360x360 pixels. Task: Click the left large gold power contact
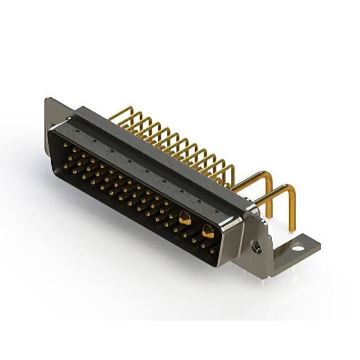coord(185,218)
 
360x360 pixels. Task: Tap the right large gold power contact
coord(208,230)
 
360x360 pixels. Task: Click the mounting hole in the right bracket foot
coord(296,246)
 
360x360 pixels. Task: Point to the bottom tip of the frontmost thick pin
coord(292,229)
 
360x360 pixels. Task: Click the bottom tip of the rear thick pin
coord(271,215)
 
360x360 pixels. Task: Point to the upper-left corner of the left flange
coord(46,100)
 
